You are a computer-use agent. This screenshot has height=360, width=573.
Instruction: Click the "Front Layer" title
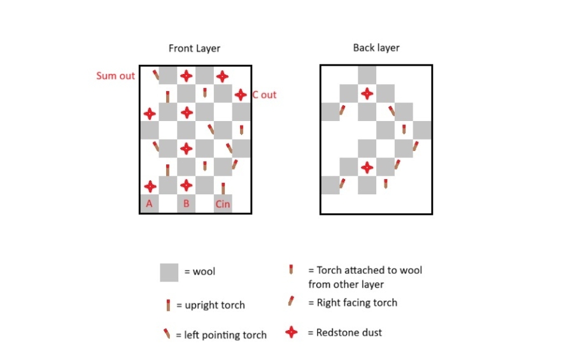194,48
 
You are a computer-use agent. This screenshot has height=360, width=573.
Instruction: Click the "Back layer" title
376,48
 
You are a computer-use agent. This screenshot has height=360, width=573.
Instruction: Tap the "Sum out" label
115,76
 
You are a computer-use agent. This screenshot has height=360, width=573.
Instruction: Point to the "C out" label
264,95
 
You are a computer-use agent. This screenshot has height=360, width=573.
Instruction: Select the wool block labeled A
150,203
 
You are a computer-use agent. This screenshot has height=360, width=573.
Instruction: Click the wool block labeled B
187,203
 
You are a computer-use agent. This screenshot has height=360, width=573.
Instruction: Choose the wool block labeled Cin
223,203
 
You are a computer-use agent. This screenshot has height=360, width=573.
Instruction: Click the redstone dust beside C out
241,95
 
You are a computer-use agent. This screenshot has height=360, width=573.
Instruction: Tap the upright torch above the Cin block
223,188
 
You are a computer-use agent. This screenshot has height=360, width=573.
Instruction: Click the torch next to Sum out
156,75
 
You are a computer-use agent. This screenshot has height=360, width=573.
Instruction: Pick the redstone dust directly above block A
150,186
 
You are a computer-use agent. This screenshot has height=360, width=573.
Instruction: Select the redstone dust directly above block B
187,185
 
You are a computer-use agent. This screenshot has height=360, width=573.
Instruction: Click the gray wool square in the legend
169,272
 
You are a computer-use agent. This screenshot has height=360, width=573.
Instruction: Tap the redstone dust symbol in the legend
291,332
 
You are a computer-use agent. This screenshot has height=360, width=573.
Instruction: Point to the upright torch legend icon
168,305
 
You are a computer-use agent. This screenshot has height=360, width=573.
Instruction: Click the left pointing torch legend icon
167,334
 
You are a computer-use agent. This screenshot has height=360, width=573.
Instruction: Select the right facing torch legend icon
291,301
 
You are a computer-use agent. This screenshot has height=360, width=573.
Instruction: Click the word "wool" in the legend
204,271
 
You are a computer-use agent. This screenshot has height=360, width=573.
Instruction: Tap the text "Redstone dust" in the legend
349,333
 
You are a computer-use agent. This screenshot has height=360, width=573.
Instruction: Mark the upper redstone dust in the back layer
367,94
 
